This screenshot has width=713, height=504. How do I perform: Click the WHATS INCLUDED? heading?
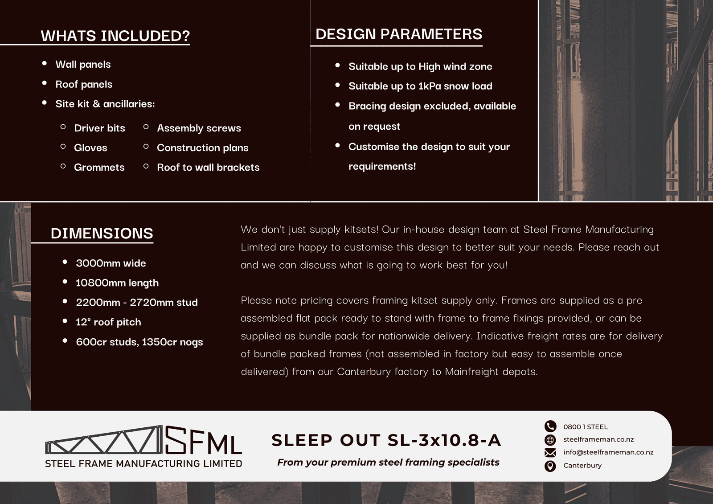coord(115,36)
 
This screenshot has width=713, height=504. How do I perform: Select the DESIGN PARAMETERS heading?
coord(398,34)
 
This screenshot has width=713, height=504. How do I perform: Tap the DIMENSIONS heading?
coord(102,233)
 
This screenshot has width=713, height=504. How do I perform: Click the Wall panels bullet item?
coord(83,64)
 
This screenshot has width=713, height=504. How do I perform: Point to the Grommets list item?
coord(99,167)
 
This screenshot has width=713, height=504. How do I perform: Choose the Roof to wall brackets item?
coord(208,167)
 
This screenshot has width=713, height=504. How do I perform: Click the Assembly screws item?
coord(199,128)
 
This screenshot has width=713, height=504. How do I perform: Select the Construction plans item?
coord(202,148)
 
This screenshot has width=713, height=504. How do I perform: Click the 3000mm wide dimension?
coord(111,263)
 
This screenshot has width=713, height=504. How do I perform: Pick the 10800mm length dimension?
coord(117,283)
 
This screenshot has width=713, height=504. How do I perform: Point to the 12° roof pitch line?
coord(108,322)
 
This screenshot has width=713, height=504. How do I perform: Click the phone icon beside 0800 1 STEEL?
coord(550,426)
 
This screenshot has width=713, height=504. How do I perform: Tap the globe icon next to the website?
coord(550,440)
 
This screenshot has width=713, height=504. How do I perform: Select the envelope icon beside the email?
coord(550,453)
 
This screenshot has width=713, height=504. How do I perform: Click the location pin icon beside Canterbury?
coord(550,466)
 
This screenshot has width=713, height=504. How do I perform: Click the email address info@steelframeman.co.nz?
coord(608,452)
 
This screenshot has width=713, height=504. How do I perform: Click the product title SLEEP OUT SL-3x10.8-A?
coord(386,440)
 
